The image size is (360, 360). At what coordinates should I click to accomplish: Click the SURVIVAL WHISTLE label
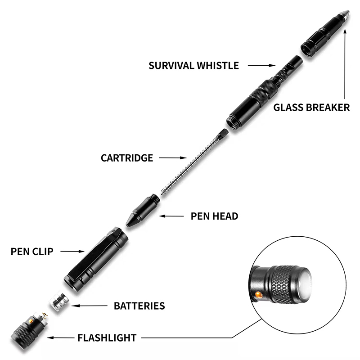pyautogui.click(x=193, y=66)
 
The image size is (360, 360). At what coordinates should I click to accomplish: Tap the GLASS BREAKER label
pyautogui.click(x=311, y=108)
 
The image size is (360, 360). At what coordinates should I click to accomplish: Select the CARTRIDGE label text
pyautogui.click(x=127, y=158)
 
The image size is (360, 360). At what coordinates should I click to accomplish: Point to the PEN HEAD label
pyautogui.click(x=215, y=216)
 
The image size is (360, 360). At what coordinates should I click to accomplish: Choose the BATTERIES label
pyautogui.click(x=139, y=306)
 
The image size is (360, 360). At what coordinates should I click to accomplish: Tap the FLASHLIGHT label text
pyautogui.click(x=107, y=337)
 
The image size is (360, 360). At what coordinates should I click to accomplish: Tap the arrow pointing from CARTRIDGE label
pyautogui.click(x=173, y=158)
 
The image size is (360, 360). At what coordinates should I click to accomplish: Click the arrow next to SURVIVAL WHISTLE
pyautogui.click(x=261, y=66)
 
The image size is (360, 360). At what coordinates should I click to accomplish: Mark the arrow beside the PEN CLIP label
pyautogui.click(x=72, y=251)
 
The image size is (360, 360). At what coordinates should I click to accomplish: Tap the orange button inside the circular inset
pyautogui.click(x=258, y=295)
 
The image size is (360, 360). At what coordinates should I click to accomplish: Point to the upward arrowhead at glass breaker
pyautogui.click(x=345, y=30)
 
